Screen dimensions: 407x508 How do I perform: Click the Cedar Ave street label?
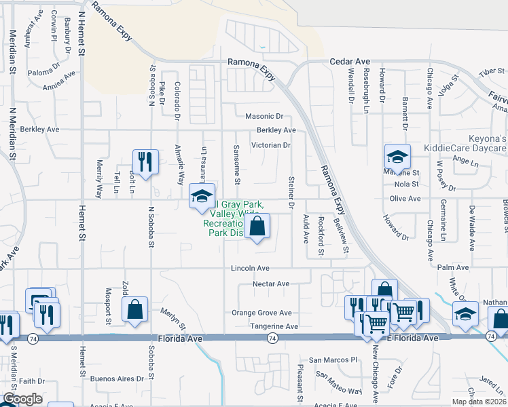(350, 61)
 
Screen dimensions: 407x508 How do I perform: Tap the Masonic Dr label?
(264, 117)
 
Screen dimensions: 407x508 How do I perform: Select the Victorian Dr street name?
(272, 145)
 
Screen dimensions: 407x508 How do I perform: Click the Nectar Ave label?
(271, 284)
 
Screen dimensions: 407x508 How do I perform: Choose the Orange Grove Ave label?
(261, 313)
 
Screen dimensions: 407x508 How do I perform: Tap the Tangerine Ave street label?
(274, 326)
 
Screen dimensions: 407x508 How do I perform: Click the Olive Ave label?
(405, 199)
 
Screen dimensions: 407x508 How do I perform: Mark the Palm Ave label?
(454, 268)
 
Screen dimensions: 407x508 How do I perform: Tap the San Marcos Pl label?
(333, 360)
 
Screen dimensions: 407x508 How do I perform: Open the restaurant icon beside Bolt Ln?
(146, 161)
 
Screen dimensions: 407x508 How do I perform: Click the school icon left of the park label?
(202, 195)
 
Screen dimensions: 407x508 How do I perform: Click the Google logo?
(22, 399)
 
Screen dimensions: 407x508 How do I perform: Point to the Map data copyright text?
(479, 402)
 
